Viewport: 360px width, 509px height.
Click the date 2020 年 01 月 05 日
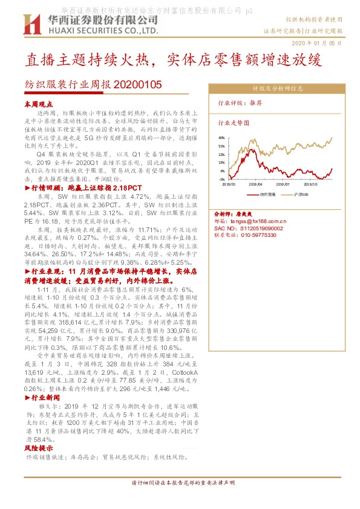click(318, 43)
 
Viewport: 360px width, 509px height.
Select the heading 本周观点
click(38, 105)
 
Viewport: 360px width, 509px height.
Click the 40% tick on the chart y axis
click(221, 138)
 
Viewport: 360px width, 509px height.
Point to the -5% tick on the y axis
click(222, 180)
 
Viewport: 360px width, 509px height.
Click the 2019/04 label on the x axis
click(255, 184)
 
